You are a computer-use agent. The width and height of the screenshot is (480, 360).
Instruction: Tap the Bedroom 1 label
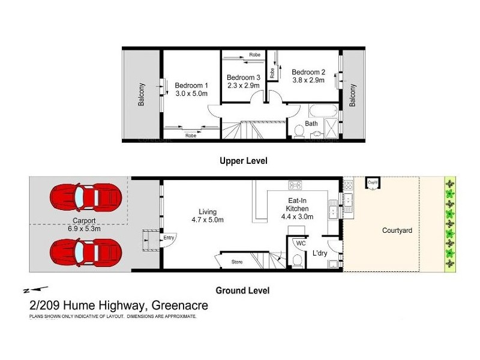click(191, 85)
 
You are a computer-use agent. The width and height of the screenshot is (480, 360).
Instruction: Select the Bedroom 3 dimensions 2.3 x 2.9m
click(244, 86)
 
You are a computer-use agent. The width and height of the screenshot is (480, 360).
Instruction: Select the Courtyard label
click(397, 230)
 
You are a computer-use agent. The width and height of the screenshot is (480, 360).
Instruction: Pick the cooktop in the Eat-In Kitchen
click(295, 185)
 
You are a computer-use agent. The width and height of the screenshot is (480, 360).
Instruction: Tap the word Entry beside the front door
click(170, 238)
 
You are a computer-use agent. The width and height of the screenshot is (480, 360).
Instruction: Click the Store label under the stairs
click(236, 262)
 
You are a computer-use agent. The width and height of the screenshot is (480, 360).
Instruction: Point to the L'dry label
click(319, 254)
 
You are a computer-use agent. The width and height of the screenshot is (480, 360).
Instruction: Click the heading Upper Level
click(243, 161)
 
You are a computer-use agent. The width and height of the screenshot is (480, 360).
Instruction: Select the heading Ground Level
click(243, 290)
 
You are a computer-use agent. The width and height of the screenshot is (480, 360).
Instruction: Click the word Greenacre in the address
click(178, 305)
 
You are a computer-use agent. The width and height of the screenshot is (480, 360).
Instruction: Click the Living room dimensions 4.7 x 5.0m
click(208, 220)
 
